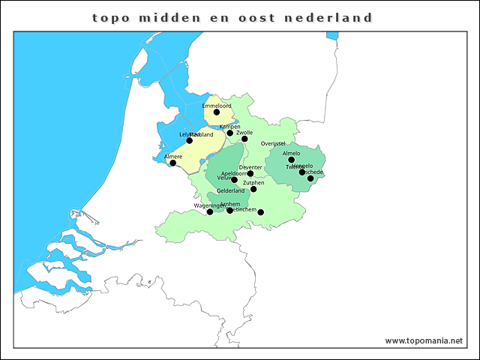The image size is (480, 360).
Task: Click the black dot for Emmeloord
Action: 217,112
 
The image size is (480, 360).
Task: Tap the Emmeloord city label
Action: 217,106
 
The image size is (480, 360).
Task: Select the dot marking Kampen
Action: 230,133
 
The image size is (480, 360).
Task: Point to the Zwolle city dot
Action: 244,139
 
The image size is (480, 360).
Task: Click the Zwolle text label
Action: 244,132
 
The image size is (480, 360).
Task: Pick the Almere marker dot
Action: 172,163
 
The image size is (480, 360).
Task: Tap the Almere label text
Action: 172,156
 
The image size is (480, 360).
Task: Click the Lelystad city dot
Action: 189,140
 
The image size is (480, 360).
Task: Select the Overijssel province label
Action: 274,143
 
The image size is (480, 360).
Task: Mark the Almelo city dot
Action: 292,160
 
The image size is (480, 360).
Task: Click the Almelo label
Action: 291,153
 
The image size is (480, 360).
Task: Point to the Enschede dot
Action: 310,178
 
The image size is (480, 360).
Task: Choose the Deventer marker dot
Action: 250,173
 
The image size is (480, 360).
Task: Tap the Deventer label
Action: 250,166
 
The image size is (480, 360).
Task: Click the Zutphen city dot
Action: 253,189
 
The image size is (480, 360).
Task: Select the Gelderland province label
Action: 231,190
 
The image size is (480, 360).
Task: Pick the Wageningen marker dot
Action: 210,211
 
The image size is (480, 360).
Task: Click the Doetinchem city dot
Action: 260,212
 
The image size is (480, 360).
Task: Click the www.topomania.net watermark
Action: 424,340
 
